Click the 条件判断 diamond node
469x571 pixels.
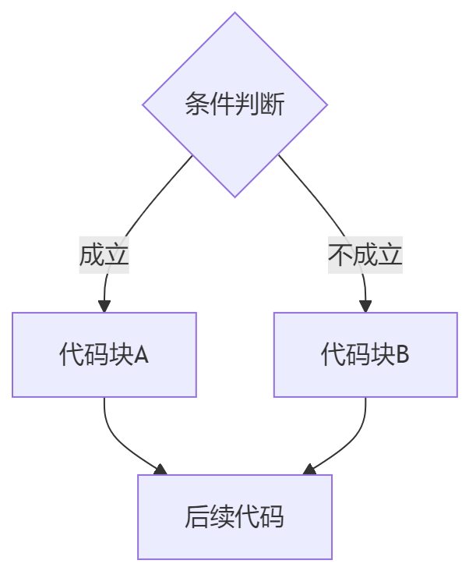235,105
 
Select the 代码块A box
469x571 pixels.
104,354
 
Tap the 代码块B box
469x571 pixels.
365,354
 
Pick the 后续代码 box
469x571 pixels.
235,516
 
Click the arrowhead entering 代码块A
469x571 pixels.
104,306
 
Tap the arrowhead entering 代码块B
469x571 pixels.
365,306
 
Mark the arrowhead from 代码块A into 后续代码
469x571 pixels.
160,470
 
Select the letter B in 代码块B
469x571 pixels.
403,355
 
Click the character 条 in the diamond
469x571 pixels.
197,105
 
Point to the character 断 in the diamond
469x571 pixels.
272,105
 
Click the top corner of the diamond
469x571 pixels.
235,13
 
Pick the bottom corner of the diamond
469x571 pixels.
235,196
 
